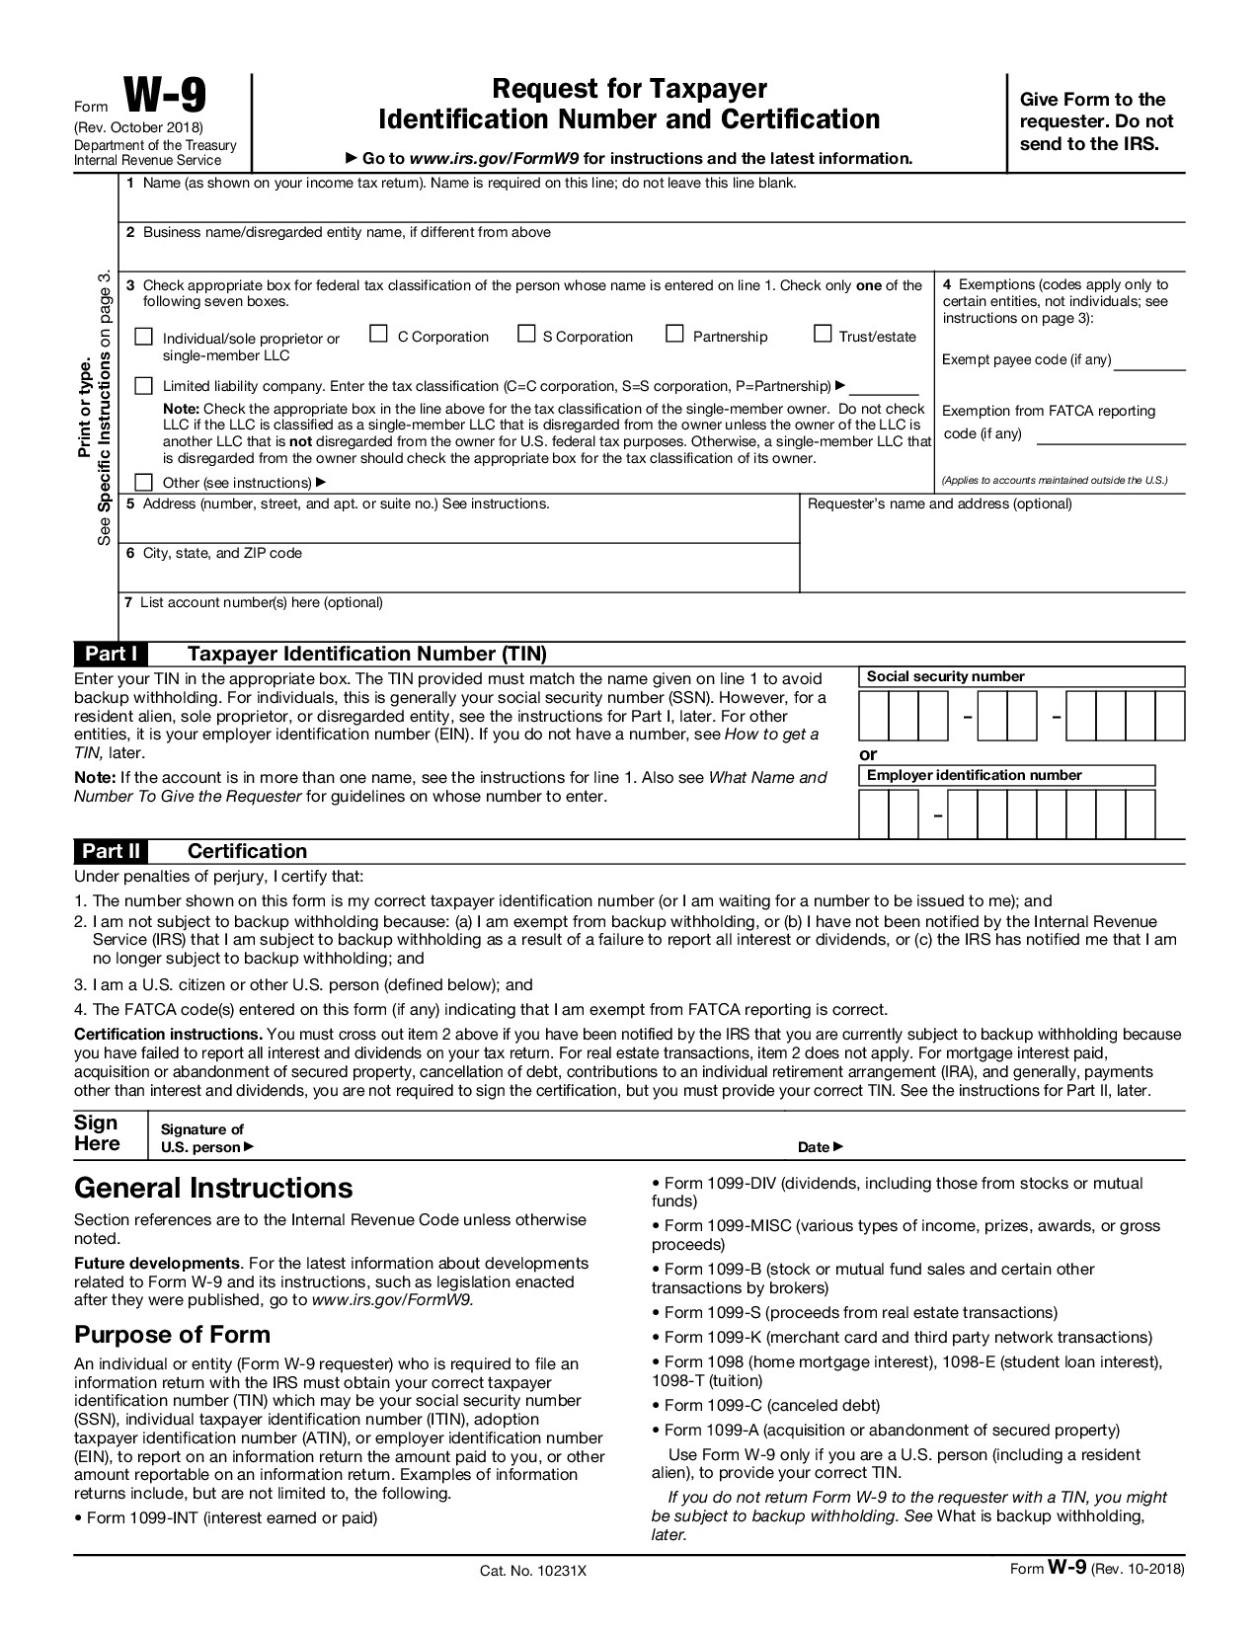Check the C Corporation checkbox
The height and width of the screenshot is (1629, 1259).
(378, 334)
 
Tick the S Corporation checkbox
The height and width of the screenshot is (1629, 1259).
(527, 334)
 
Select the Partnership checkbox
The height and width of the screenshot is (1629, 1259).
(675, 334)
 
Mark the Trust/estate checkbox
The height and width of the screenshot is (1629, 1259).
(823, 334)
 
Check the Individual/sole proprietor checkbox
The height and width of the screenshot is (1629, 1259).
(144, 337)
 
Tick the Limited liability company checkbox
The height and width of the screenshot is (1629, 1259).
(144, 385)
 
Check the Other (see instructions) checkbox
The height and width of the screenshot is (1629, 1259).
(144, 482)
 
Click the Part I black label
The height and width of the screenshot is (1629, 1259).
(111, 654)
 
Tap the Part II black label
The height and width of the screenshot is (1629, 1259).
(111, 851)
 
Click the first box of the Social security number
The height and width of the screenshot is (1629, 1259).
(874, 716)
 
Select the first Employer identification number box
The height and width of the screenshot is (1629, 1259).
(874, 814)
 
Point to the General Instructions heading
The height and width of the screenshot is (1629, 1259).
(213, 1188)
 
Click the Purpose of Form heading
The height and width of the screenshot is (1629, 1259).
(172, 1335)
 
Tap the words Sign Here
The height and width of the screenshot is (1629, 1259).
(97, 1133)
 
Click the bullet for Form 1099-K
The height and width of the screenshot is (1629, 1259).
(656, 1338)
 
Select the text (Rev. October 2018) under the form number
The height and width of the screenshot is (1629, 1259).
(138, 128)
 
